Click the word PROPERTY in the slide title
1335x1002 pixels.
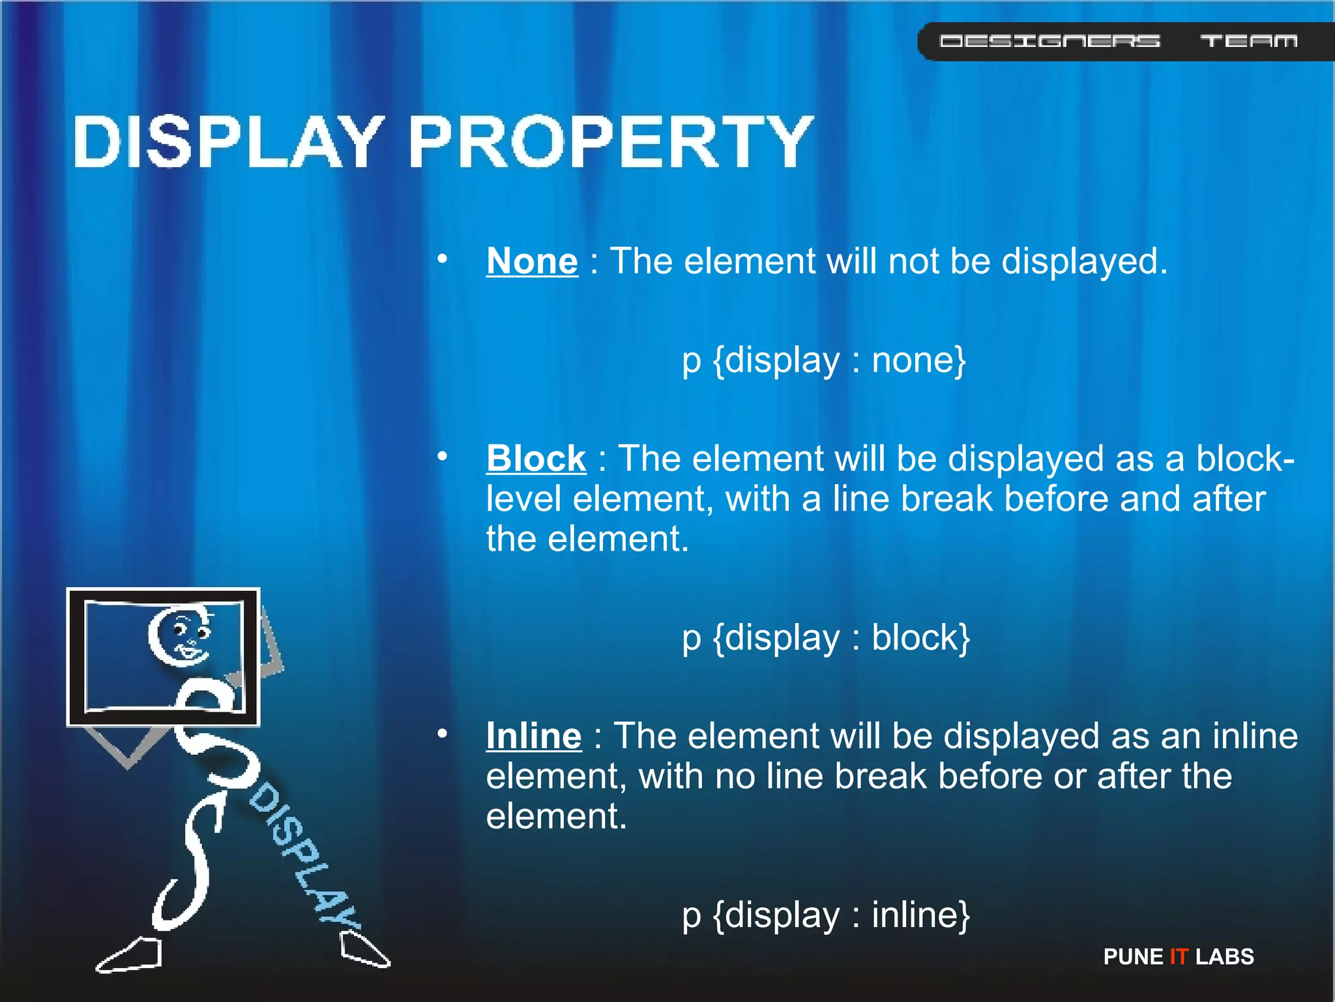[610, 142]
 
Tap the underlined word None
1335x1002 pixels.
[532, 262]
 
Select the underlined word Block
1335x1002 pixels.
[536, 459]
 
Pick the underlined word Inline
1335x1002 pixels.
[533, 736]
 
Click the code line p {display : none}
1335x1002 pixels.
[823, 361]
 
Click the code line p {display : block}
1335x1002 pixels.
[826, 638]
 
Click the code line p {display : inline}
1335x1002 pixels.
[826, 915]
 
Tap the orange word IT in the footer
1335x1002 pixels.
[1179, 956]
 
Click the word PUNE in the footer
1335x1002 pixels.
[1133, 956]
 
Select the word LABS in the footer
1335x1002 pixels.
[1224, 956]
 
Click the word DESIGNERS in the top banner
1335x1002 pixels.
[1049, 42]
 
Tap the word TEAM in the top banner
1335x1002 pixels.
[1248, 42]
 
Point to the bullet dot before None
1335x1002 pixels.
[443, 259]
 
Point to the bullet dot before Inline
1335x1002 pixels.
[443, 734]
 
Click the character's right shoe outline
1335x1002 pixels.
[364, 950]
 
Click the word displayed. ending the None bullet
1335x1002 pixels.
[1084, 262]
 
